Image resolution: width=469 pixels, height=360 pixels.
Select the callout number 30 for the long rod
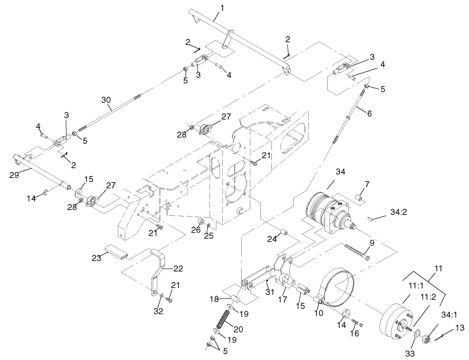click(106, 100)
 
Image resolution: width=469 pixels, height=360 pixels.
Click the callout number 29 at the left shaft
click(14, 174)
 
